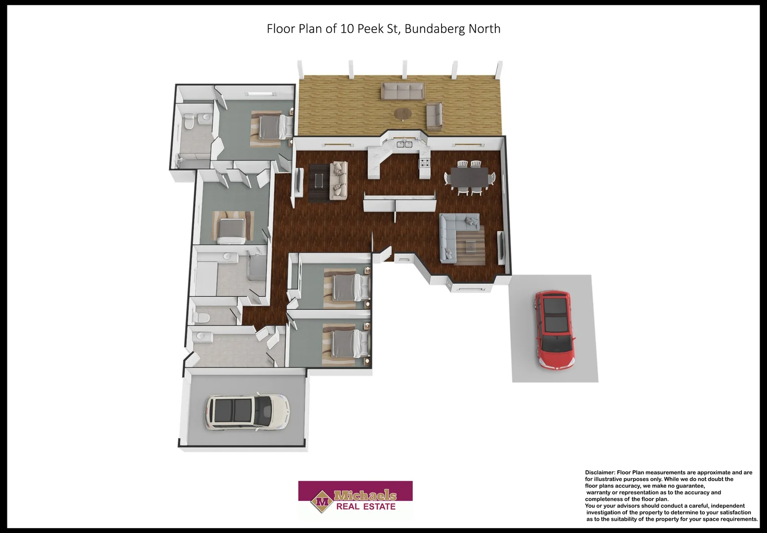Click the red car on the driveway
[x=555, y=331]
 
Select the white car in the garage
[x=247, y=412]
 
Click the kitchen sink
[x=404, y=144]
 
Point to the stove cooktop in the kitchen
[x=425, y=163]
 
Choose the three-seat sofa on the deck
[x=403, y=91]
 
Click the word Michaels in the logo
[x=365, y=495]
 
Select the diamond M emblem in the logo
[x=322, y=502]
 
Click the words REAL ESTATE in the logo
[x=365, y=507]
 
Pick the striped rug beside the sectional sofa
[x=470, y=245]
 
